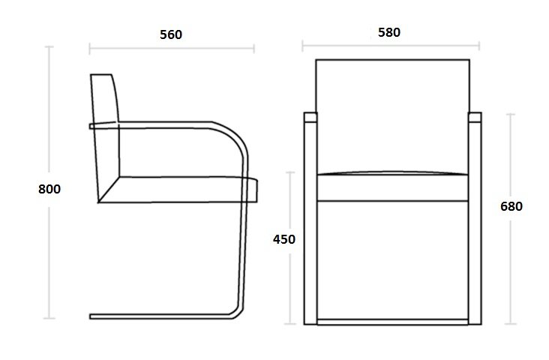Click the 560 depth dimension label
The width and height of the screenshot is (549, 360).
[171, 34]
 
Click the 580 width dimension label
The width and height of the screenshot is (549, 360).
[389, 32]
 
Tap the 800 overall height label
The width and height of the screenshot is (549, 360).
[49, 189]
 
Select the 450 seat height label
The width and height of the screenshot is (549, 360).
[284, 239]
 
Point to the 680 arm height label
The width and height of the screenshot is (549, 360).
[511, 206]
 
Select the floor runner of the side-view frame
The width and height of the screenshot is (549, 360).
[161, 316]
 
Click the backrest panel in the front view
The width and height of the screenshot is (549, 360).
[392, 116]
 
